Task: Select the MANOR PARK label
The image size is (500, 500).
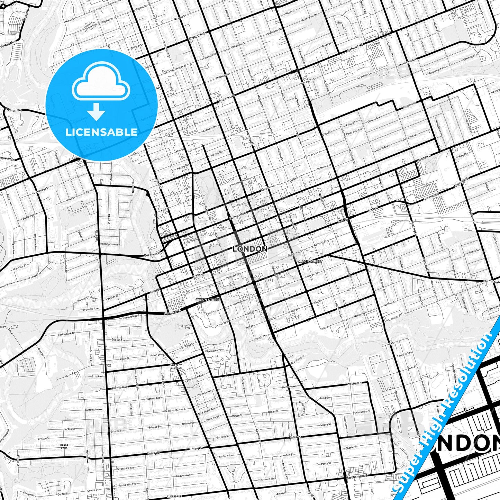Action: pyautogui.click(x=64, y=446)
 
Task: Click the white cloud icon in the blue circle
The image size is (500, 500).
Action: pyautogui.click(x=101, y=83)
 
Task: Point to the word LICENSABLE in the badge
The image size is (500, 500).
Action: pyautogui.click(x=101, y=132)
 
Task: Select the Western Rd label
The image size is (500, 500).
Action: pyautogui.click(x=14, y=110)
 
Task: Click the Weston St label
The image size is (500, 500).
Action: pyautogui.click(x=354, y=383)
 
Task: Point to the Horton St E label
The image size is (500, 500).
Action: pyautogui.click(x=172, y=312)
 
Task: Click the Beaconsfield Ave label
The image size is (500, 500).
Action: pyautogui.click(x=132, y=316)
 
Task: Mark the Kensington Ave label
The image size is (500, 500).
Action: pyautogui.click(x=109, y=244)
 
